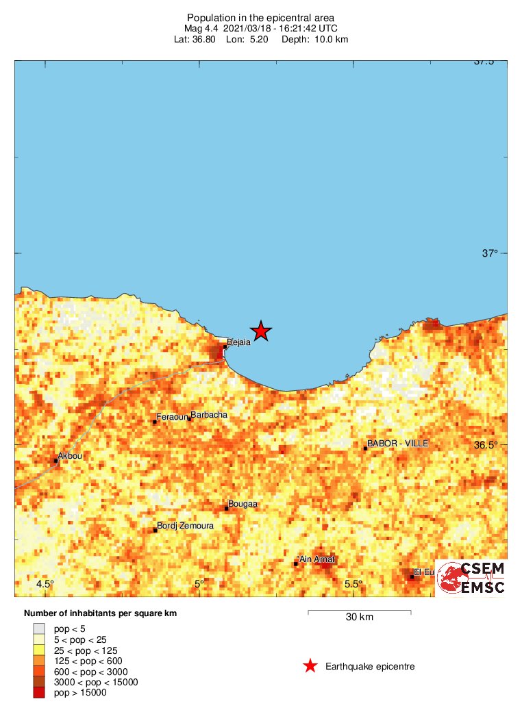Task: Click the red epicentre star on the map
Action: click(x=261, y=331)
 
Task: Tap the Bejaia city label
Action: click(x=238, y=342)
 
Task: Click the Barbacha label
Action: click(x=209, y=415)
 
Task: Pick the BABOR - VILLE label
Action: click(x=397, y=444)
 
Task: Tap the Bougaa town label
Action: click(x=243, y=504)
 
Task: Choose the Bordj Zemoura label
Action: click(x=185, y=526)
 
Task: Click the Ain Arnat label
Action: click(x=316, y=559)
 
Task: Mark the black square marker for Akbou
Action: click(x=56, y=461)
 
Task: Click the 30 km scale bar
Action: click(x=359, y=611)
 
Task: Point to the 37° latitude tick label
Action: click(x=489, y=253)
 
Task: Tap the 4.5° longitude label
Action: click(x=45, y=584)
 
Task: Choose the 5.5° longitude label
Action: click(x=353, y=584)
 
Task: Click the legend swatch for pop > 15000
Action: click(x=39, y=693)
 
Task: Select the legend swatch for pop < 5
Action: click(x=39, y=628)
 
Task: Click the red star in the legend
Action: click(x=310, y=666)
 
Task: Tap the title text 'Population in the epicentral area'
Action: click(x=260, y=17)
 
